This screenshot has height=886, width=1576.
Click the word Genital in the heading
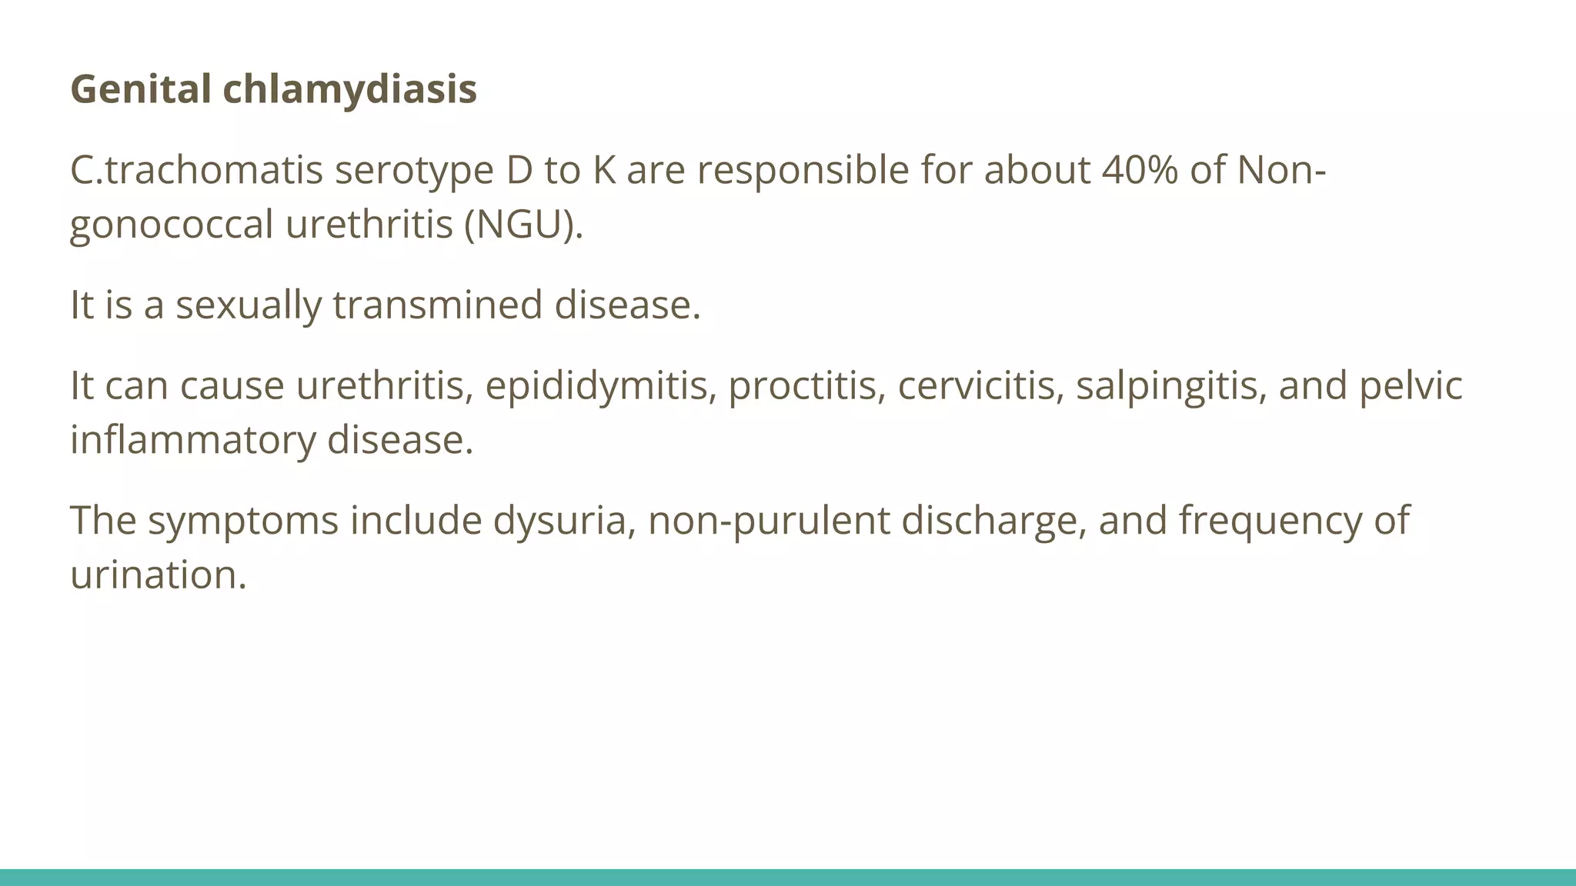point(141,89)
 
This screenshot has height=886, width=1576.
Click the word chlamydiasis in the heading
point(350,89)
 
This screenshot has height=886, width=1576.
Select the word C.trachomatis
point(196,171)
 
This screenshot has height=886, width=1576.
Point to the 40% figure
point(1140,171)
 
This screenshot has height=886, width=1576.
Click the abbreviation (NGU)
point(524,225)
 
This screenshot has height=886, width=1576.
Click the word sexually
point(249,305)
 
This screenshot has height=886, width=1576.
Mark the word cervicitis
point(981,385)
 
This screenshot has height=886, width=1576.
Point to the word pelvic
point(1411,385)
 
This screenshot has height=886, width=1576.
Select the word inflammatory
point(193,441)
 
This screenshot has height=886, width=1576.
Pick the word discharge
point(993,521)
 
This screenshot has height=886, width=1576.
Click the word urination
point(158,575)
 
